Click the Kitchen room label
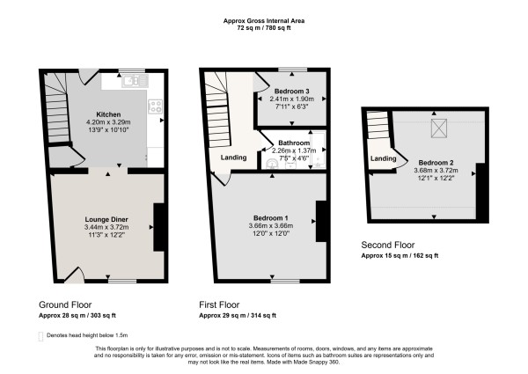click(108, 114)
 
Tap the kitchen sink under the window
click(131, 82)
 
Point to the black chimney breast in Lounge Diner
click(158, 226)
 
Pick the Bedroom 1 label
click(271, 217)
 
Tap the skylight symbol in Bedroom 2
click(437, 128)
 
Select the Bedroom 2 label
click(436, 163)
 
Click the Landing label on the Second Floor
click(383, 158)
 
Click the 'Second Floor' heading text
click(388, 245)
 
